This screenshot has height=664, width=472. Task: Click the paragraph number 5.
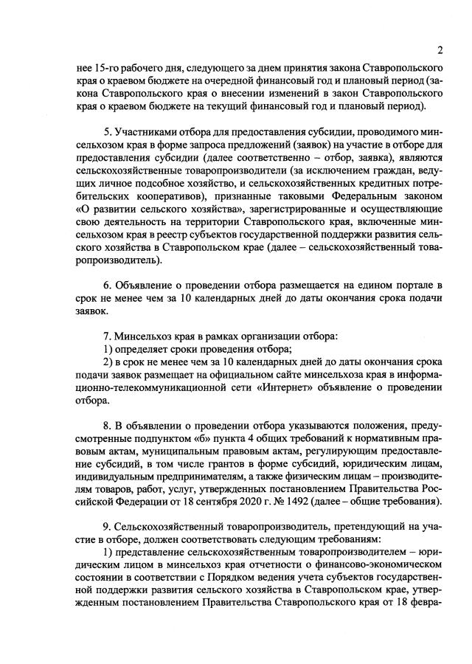tap(106, 131)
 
